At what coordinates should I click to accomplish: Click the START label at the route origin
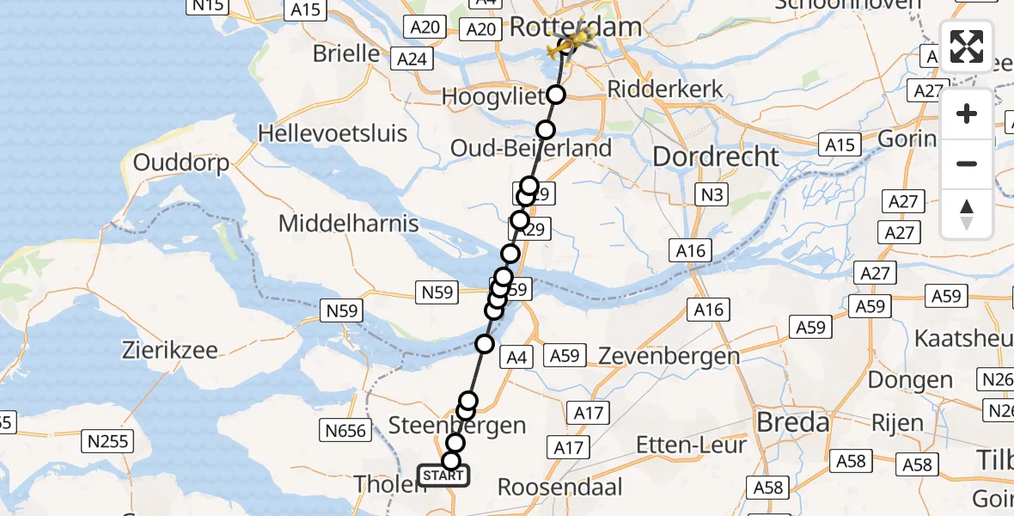click(443, 475)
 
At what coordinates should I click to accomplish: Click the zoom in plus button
click(967, 114)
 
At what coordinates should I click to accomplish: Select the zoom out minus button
click(967, 163)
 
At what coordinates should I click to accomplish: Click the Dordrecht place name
click(716, 157)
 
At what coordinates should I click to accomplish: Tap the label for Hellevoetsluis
click(332, 134)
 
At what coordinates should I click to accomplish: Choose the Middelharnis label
click(348, 224)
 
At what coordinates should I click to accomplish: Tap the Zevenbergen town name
click(669, 355)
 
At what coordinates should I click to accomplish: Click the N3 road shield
click(711, 195)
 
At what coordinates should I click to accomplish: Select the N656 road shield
click(345, 431)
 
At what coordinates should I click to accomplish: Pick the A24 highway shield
click(412, 59)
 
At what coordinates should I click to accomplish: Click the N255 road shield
click(107, 442)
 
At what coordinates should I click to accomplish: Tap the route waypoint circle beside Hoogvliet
click(557, 95)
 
